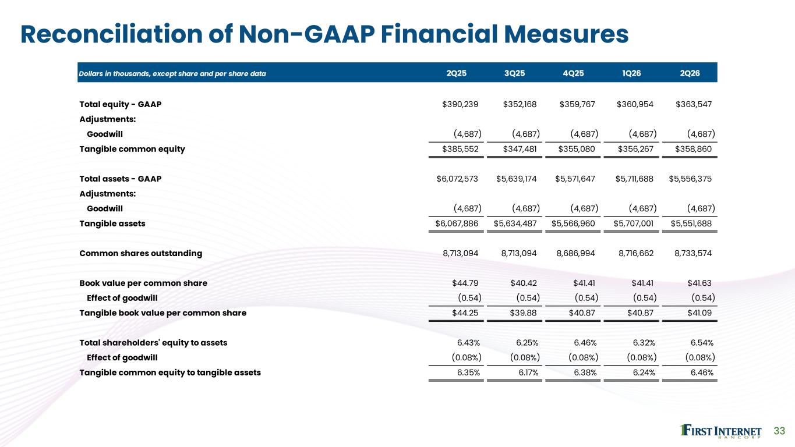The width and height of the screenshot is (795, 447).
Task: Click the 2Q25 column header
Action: point(457,73)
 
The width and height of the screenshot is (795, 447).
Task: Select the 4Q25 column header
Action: point(573,73)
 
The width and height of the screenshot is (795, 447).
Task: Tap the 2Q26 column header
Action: point(690,73)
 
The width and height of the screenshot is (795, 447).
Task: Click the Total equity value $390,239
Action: point(460,104)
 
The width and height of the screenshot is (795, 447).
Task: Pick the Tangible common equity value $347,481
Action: point(520,149)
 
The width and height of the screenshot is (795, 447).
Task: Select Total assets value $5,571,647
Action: point(575,179)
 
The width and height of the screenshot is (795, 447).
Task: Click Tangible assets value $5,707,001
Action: point(633,223)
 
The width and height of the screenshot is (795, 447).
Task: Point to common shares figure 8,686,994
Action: point(575,253)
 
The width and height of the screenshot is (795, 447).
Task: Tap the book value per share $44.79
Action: point(465,283)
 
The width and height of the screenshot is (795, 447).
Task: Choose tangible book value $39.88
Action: point(523,313)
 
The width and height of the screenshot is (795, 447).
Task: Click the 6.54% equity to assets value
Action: point(702,343)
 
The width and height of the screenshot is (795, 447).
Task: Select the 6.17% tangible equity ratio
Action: point(528,372)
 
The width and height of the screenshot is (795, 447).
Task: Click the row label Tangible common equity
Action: point(132,150)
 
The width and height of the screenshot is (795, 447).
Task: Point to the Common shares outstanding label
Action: point(140,253)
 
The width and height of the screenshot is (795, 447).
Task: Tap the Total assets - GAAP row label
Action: point(121,179)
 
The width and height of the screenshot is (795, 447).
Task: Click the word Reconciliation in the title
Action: point(111,34)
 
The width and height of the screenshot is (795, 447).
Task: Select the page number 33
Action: point(779,431)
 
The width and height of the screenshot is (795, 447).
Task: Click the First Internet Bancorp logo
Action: point(720,431)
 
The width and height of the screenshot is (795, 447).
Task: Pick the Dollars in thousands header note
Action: point(172,74)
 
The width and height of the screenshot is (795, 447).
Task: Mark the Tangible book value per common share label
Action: point(162,313)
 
